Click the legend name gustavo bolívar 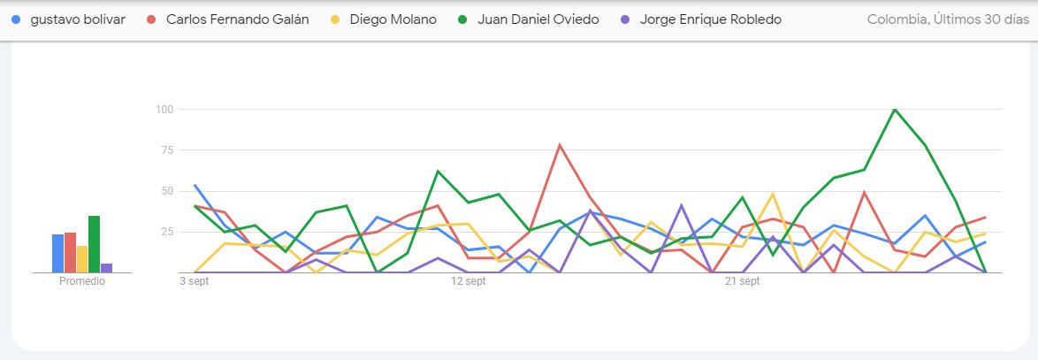[78, 19]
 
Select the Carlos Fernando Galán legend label [237, 19]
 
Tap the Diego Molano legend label [393, 19]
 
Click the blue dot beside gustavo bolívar [17, 19]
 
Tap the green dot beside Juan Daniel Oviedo [464, 19]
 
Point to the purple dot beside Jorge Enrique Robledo [627, 19]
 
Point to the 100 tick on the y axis [164, 110]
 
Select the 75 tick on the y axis [166, 150]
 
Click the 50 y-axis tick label [166, 191]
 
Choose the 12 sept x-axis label [469, 282]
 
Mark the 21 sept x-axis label [743, 282]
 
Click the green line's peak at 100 [895, 110]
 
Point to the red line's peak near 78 [560, 145]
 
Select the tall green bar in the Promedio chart [94, 244]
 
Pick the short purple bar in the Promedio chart [106, 267]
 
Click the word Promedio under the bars [82, 282]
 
